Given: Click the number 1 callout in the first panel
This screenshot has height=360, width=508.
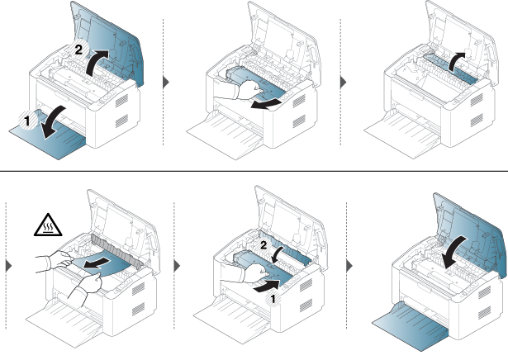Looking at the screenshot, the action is [x=27, y=121].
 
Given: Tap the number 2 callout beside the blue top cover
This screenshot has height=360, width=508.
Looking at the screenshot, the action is [x=78, y=50].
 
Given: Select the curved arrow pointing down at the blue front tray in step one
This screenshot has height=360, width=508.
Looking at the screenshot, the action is [x=53, y=122].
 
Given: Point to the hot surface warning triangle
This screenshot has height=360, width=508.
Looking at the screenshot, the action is [x=48, y=225].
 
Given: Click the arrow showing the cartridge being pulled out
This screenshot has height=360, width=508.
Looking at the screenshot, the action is [x=266, y=104].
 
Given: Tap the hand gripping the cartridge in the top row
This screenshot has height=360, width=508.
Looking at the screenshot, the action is [x=249, y=90].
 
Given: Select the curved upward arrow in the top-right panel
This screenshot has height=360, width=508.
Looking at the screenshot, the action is [x=457, y=60].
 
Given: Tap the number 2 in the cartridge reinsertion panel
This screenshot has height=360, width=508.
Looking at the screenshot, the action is [x=263, y=245].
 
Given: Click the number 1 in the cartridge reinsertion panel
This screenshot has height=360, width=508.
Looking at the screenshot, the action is [x=273, y=300].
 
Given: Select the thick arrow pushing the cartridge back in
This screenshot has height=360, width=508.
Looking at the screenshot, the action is [x=267, y=287].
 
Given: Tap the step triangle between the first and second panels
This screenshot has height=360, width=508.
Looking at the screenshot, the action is [x=166, y=83].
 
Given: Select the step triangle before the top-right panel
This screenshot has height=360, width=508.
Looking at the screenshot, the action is [x=344, y=83].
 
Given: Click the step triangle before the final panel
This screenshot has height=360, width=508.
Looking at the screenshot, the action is [x=349, y=266].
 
